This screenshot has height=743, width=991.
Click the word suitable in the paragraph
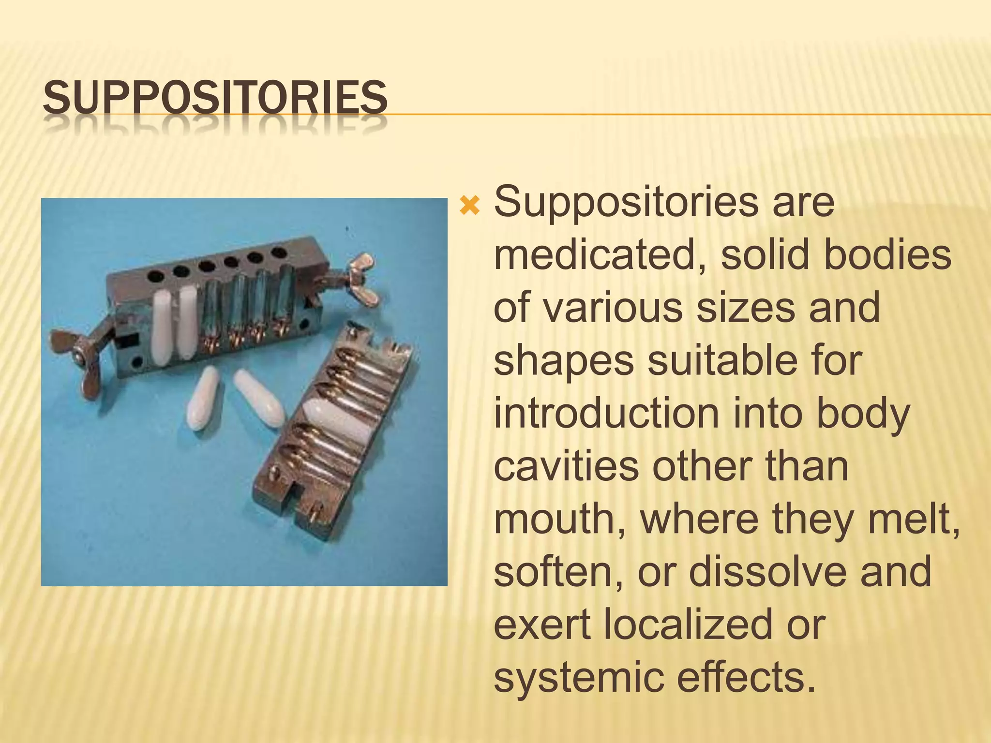pyautogui.click(x=716, y=361)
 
